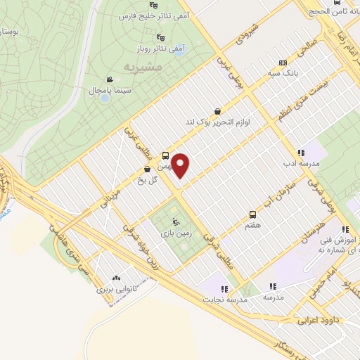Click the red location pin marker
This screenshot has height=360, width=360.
coord(181,165)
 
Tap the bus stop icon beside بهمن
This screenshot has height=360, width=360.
coord(166,155)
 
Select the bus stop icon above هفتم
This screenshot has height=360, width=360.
coord(252,214)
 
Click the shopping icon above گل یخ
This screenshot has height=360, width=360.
coord(147,169)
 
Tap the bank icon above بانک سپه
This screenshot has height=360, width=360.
coord(283,62)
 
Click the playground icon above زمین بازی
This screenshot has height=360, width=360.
coord(166,223)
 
